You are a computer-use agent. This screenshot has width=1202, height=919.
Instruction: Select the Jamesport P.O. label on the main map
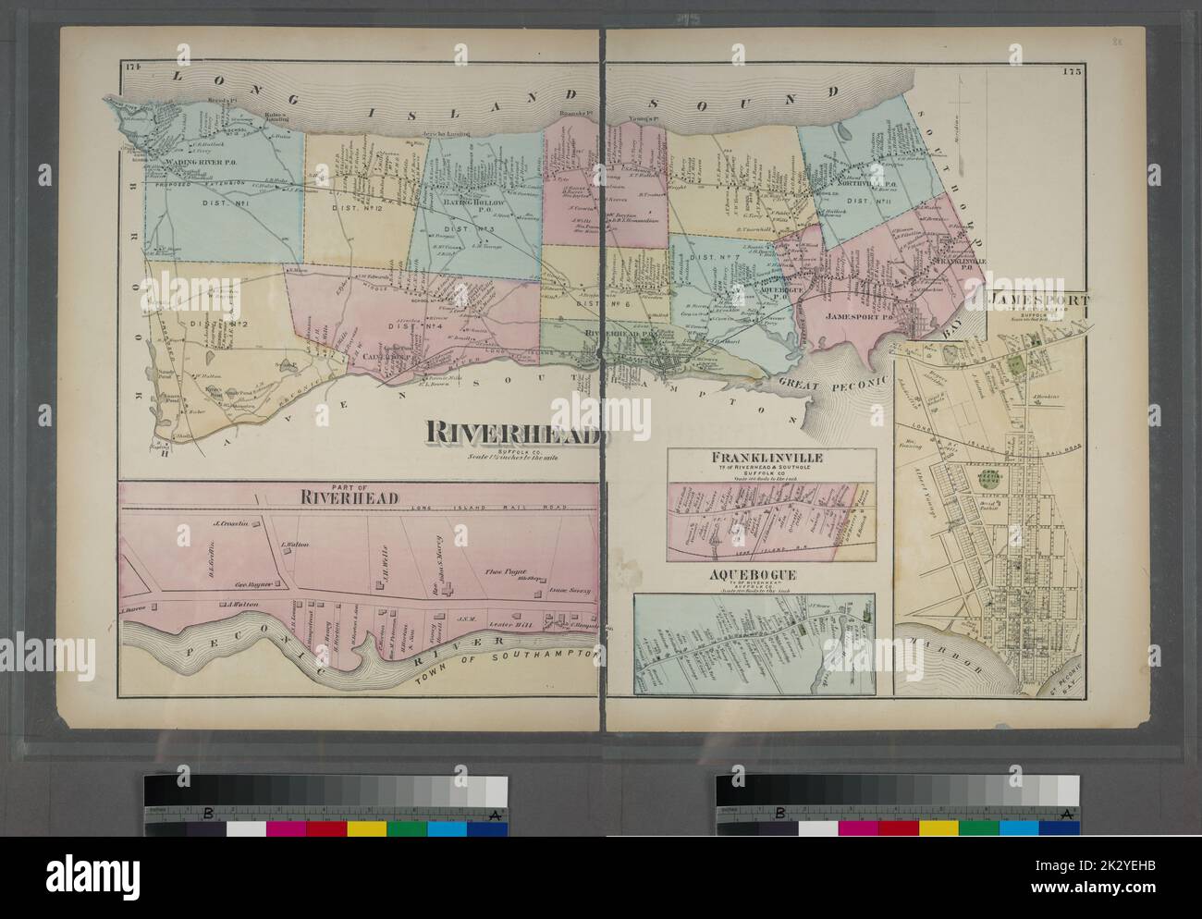pyautogui.click(x=852, y=317)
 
